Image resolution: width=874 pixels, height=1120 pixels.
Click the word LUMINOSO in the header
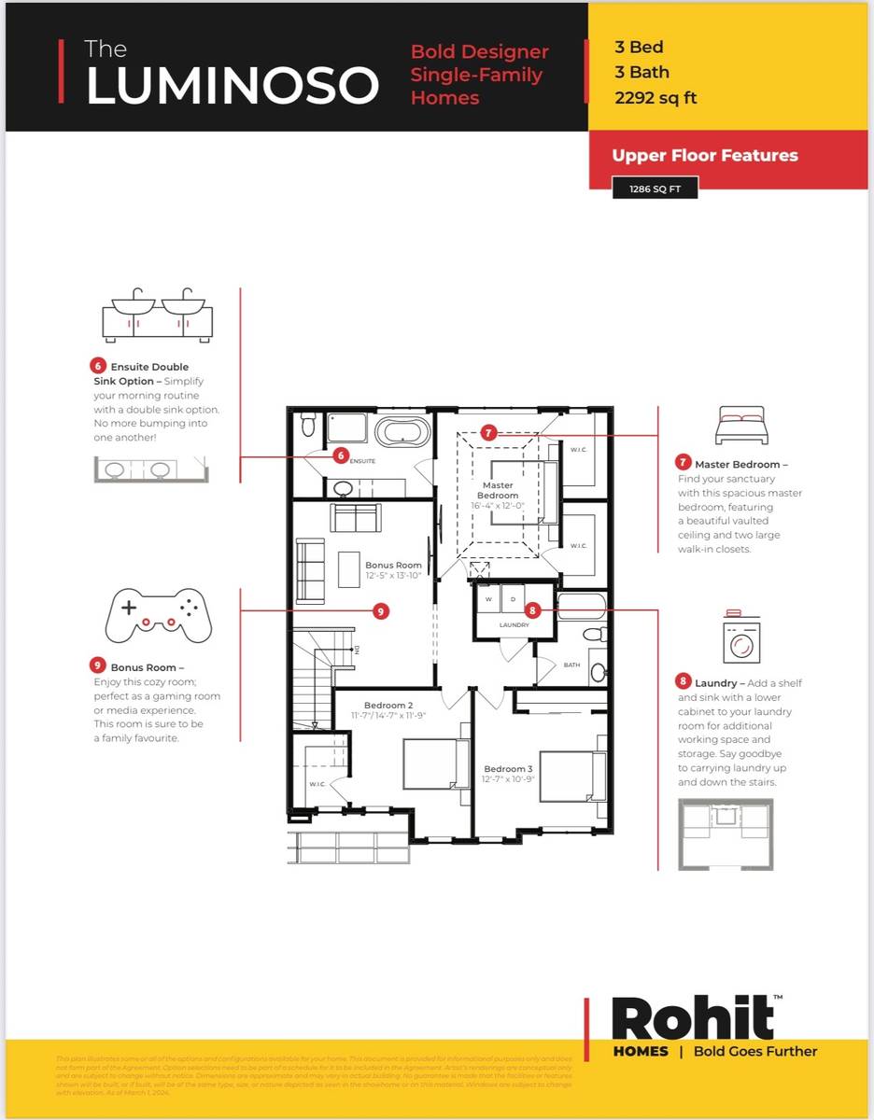232,86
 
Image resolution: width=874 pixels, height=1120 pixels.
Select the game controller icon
156,616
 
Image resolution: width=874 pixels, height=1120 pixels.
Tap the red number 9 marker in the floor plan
380,610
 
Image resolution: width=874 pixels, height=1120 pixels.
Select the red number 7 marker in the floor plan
488,432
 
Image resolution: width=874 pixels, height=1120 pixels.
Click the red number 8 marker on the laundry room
532,609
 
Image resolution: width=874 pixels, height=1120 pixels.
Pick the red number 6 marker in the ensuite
341,455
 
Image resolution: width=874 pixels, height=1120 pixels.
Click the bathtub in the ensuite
403,432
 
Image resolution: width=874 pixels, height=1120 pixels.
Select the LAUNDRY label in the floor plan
515,624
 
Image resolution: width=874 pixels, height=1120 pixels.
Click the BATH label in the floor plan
571,665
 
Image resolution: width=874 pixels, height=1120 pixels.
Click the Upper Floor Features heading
705,155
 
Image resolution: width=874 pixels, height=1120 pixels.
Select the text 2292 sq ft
655,97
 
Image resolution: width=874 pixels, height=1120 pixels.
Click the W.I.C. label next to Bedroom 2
317,783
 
